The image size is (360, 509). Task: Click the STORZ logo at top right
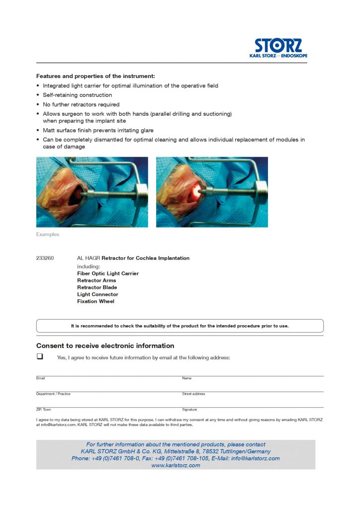tap(278, 48)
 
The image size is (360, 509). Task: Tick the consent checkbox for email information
tap(40, 356)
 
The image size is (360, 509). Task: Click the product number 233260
tap(45, 258)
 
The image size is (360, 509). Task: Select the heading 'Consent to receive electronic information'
tap(105, 345)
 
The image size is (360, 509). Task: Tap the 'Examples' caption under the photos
tap(48, 234)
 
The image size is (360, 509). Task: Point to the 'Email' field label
tap(41, 378)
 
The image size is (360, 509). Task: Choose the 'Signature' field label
tap(190, 410)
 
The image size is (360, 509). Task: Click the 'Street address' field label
tap(193, 394)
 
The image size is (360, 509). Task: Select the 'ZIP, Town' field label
tap(44, 410)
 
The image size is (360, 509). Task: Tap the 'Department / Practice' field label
tap(53, 394)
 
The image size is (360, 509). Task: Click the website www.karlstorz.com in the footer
tap(176, 465)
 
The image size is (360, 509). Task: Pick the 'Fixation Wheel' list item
tap(95, 301)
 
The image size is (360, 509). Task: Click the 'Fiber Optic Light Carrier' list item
tap(108, 273)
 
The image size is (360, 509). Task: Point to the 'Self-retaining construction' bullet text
tap(78, 95)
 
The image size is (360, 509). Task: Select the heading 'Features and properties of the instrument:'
tap(95, 76)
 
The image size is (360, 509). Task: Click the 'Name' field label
tap(187, 378)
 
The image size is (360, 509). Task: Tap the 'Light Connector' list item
tap(97, 294)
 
